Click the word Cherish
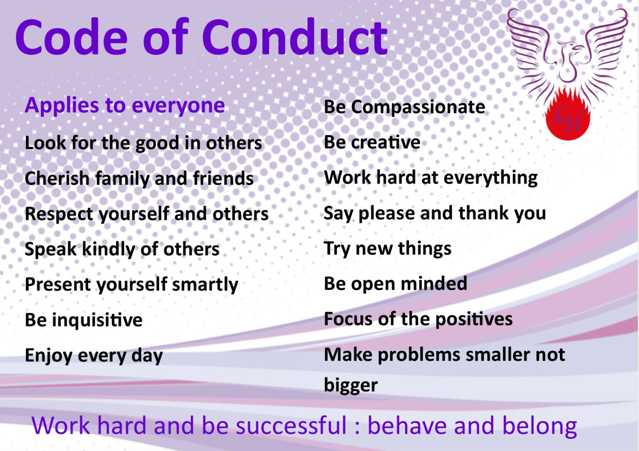[57, 179]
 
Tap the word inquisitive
[97, 320]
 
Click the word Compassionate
[418, 107]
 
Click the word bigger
[350, 385]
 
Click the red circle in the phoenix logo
[568, 118]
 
